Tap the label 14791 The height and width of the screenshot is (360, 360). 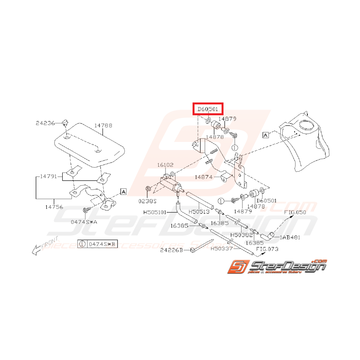[48, 176]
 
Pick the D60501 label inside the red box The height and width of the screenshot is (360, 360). [208, 109]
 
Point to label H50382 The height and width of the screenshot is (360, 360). [241, 235]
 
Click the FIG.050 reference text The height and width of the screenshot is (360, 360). [295, 212]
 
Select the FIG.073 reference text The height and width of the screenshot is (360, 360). [267, 249]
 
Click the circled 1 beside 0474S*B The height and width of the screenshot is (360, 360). [82, 244]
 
